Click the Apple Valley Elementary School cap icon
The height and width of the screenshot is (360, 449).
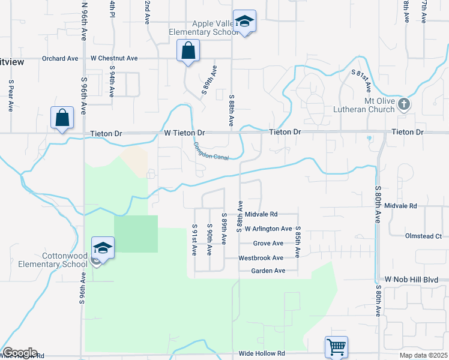[244, 22]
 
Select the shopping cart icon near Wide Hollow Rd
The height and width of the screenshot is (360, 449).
[336, 347]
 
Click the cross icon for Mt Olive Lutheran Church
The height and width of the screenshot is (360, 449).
[404, 104]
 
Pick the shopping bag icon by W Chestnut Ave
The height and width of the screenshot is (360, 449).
[188, 51]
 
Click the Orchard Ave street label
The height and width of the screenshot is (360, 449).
[60, 59]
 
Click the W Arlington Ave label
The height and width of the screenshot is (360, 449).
[268, 229]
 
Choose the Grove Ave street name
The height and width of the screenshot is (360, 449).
[268, 244]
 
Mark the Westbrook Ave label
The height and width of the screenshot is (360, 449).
[261, 258]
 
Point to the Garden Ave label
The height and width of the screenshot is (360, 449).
[268, 271]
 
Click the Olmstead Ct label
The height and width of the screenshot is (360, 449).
[424, 236]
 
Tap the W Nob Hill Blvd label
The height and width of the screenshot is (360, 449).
[412, 280]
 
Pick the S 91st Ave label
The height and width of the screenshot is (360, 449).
[194, 240]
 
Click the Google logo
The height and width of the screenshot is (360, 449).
[19, 353]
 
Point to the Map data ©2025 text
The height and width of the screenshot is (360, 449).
[423, 355]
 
